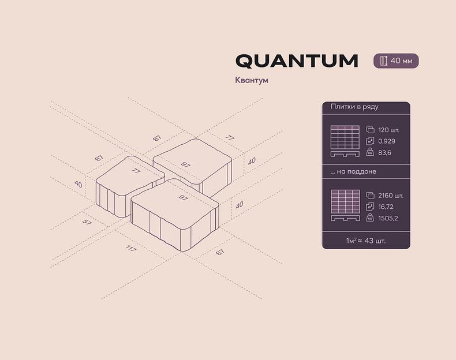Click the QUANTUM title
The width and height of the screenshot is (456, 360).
pyautogui.click(x=297, y=61)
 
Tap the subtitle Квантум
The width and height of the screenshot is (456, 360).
pyautogui.click(x=251, y=80)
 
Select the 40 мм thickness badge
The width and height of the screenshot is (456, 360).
pyautogui.click(x=396, y=61)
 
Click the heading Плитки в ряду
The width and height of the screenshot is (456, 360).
pyautogui.click(x=354, y=107)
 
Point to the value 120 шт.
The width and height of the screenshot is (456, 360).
pyautogui.click(x=388, y=130)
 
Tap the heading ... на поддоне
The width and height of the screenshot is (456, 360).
pyautogui.click(x=353, y=172)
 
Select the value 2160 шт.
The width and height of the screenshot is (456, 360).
pyautogui.click(x=391, y=195)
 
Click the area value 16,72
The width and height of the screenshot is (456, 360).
pyautogui.click(x=386, y=207)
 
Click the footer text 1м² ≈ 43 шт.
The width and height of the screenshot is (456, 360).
pyautogui.click(x=366, y=239)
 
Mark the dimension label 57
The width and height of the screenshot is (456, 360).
pyautogui.click(x=87, y=222)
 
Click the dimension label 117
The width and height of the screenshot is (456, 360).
pyautogui.click(x=131, y=249)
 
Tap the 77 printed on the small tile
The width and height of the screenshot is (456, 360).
pyautogui.click(x=136, y=171)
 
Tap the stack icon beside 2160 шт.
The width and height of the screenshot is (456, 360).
pyautogui.click(x=370, y=195)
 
